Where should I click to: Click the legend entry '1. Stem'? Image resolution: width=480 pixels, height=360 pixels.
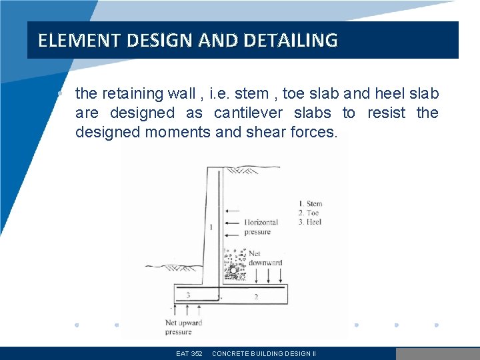click(x=310, y=204)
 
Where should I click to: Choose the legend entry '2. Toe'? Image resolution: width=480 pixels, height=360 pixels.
click(x=309, y=213)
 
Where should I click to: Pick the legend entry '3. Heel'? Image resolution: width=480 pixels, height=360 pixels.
click(x=310, y=221)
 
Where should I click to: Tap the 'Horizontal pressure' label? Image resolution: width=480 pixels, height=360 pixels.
click(x=261, y=227)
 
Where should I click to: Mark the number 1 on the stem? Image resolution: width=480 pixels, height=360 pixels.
click(x=211, y=227)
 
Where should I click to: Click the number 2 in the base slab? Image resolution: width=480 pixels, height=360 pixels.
click(x=256, y=296)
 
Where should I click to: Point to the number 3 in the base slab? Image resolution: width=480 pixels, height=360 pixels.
click(x=189, y=295)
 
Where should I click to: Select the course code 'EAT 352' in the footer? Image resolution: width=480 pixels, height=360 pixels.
click(x=189, y=354)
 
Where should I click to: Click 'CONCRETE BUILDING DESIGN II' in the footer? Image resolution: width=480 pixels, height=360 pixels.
click(x=264, y=354)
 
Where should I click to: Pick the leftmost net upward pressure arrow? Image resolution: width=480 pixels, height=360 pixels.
click(x=174, y=309)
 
